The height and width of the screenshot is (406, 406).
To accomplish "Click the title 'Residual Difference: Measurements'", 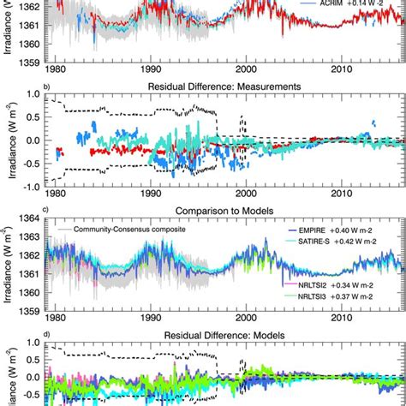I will (224, 86).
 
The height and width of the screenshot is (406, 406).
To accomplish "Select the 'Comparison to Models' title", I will (224, 208).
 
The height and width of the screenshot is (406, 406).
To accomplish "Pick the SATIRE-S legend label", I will (347, 242).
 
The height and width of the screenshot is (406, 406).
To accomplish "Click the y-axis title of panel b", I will (9, 140).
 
